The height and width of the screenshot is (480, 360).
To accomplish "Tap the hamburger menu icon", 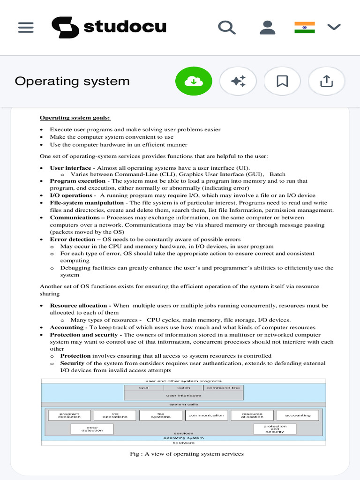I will click(x=26, y=28).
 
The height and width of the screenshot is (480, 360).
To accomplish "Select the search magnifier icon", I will click(x=227, y=28).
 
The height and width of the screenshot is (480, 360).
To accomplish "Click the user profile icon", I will click(x=267, y=28).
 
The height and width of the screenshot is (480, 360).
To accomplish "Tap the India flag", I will click(x=305, y=28).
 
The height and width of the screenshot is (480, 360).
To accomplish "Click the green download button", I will click(x=194, y=82).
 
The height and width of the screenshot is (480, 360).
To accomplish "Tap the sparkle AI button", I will click(x=238, y=82).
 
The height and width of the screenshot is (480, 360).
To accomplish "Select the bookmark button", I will click(x=282, y=82).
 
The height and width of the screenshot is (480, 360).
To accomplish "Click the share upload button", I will click(x=326, y=82).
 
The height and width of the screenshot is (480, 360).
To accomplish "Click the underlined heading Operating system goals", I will click(x=75, y=118).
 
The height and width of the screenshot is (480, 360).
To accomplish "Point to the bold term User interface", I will click(x=71, y=168).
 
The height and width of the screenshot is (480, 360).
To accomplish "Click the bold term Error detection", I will click(x=73, y=239).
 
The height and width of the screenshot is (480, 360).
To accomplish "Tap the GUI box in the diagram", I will click(x=144, y=388).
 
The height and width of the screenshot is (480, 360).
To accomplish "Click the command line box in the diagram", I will click(x=223, y=388).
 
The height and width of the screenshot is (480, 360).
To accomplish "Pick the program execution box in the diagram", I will click(x=69, y=415).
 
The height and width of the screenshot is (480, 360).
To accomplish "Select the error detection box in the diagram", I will click(x=92, y=428).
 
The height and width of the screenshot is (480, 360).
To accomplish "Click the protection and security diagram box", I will click(x=275, y=428).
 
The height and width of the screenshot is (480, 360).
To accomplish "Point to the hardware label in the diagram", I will click(x=183, y=442).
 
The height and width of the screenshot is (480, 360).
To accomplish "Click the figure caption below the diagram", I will click(x=187, y=454).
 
